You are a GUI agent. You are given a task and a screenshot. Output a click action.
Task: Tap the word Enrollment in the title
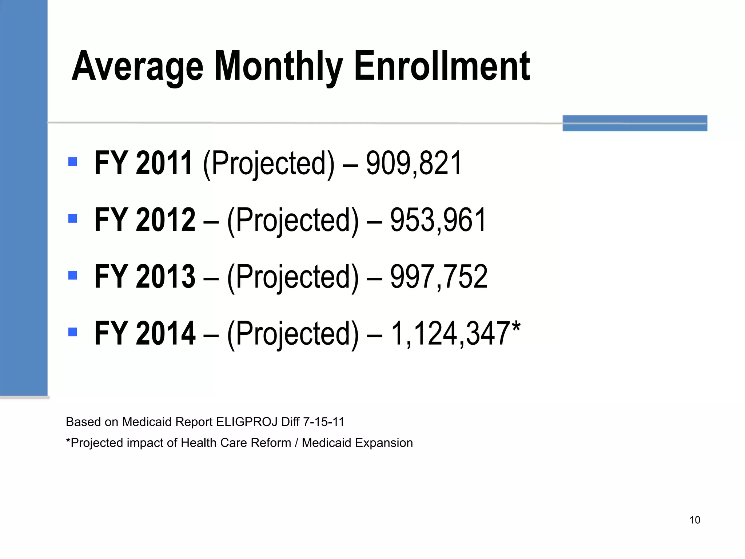coord(442,66)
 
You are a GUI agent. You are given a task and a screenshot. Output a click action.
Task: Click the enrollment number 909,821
coord(414,163)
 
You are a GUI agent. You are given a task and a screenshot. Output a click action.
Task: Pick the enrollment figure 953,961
coord(438,220)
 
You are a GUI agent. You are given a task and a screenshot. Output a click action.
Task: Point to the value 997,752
coord(438,277)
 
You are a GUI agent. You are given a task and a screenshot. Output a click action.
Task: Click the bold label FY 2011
coord(143,163)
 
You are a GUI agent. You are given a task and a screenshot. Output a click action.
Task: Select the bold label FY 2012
coord(145,220)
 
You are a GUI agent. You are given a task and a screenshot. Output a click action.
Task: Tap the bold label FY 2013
coord(145,277)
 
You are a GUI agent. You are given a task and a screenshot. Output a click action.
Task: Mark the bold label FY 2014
coord(145,333)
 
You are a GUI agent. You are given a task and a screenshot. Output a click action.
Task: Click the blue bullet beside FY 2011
coord(73,162)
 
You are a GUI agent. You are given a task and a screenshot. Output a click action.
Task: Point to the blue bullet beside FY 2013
coord(73,275)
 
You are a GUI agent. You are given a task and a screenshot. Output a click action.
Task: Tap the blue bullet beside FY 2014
coord(73,332)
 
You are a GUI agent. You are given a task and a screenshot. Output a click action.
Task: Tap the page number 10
coord(695,520)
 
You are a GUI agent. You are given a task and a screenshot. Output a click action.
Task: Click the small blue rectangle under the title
coord(635,123)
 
